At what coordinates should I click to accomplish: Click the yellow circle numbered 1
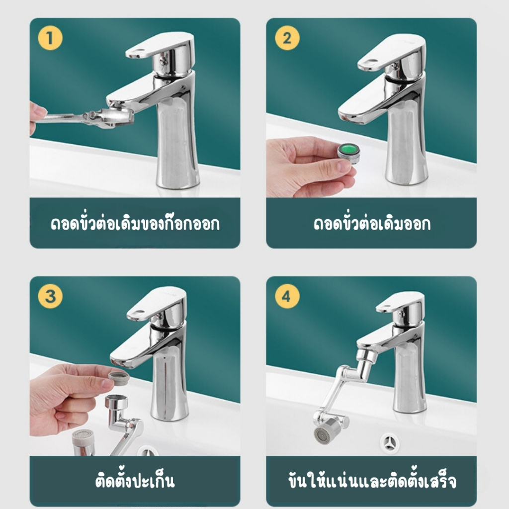coord(50,38)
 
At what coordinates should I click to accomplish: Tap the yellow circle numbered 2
coord(287,38)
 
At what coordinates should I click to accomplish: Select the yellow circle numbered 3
coord(50,296)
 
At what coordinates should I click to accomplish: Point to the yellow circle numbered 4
coord(287,296)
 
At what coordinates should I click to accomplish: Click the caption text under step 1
coord(135,223)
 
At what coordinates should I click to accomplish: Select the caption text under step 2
coord(372,223)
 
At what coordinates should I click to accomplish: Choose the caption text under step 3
coord(135,481)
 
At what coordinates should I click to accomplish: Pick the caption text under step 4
coord(372,481)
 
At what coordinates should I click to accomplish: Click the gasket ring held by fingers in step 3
coord(119,378)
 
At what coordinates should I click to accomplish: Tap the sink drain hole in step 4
coord(390,442)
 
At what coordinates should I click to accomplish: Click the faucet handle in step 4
coord(401,302)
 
